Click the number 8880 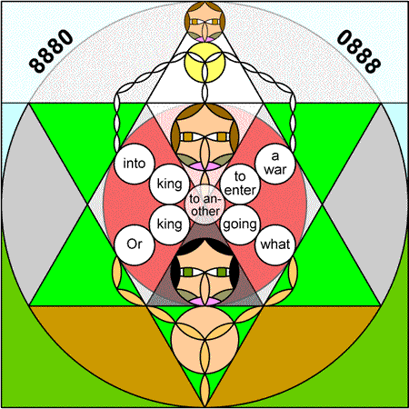click(x=51, y=51)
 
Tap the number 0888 click(x=359, y=51)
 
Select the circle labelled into click(x=135, y=164)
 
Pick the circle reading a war click(x=275, y=164)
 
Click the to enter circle click(x=240, y=184)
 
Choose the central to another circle click(x=204, y=204)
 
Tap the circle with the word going click(x=240, y=224)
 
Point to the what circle click(x=275, y=244)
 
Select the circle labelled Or click(x=135, y=244)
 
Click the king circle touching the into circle click(x=170, y=184)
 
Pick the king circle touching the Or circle click(x=170, y=224)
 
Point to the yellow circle click(x=204, y=62)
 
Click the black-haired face click(x=204, y=272)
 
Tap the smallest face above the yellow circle click(x=204, y=22)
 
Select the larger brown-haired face click(x=204, y=137)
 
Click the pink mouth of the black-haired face click(x=204, y=301)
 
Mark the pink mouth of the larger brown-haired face click(x=204, y=166)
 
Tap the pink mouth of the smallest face click(x=204, y=39)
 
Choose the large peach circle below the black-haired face click(x=204, y=339)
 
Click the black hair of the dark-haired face click(x=204, y=244)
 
